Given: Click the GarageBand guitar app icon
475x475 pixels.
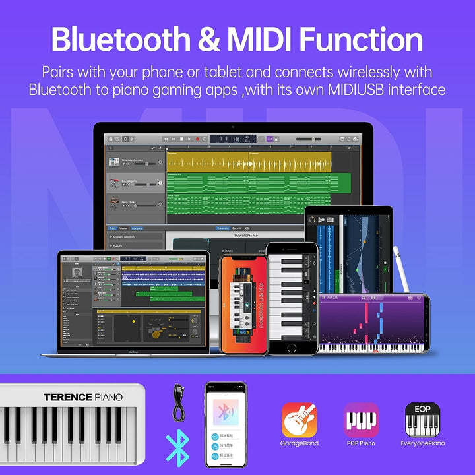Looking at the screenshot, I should point(299,420).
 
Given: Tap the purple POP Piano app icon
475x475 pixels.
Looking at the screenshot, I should point(361,420).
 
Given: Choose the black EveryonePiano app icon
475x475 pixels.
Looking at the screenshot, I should point(422,420).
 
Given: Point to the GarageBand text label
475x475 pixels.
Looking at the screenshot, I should point(299,443).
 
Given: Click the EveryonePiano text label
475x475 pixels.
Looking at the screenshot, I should point(422,443).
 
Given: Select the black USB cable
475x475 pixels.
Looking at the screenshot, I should point(177,402).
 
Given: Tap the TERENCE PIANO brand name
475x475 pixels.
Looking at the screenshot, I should point(82,397).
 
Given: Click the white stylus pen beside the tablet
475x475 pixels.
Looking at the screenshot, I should point(400,267).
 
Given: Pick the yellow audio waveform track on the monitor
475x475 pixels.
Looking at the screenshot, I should point(249,162).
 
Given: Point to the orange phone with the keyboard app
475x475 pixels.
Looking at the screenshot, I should point(243,303).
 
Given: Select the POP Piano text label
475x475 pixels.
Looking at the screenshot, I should point(361,443).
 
